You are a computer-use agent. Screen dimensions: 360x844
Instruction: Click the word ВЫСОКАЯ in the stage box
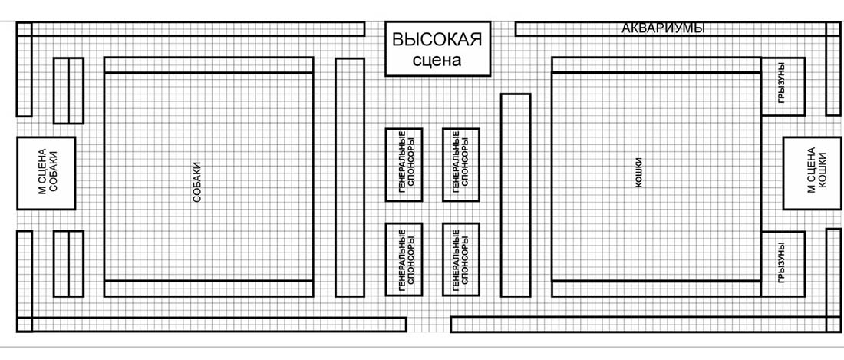[x=437, y=40]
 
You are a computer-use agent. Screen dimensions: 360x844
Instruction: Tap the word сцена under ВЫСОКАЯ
[x=437, y=61]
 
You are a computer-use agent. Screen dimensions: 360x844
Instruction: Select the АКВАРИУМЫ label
[x=661, y=28]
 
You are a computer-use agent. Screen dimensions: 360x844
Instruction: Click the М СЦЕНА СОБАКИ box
[x=46, y=173]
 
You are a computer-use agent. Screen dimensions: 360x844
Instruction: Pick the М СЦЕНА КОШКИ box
[x=811, y=173]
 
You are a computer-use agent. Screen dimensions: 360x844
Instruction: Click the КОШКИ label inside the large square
[x=638, y=173]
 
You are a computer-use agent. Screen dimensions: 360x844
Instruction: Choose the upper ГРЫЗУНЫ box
[x=782, y=86]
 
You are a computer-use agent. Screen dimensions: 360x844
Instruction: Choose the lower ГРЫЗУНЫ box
[x=782, y=264]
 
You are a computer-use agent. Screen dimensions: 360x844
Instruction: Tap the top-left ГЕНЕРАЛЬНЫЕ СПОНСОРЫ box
[x=404, y=164]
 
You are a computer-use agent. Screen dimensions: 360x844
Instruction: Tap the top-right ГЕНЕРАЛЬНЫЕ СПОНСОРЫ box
[x=460, y=164]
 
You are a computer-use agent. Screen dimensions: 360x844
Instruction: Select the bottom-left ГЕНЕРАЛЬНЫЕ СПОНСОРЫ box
[x=404, y=259]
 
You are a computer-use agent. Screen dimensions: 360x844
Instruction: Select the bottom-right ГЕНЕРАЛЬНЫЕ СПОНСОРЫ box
[x=460, y=259]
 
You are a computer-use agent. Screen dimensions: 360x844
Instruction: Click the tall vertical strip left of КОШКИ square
[x=515, y=194]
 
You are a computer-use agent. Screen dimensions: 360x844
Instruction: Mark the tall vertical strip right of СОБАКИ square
[x=349, y=177]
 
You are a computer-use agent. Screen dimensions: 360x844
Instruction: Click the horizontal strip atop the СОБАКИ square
[x=208, y=64]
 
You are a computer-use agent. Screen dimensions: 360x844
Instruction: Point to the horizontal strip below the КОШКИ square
[x=655, y=289]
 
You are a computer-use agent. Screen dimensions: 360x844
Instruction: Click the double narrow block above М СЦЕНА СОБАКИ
[x=68, y=90]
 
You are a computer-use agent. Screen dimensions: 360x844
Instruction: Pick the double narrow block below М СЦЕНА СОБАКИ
[x=68, y=263]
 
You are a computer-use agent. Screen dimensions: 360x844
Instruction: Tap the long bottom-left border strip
[x=211, y=325]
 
